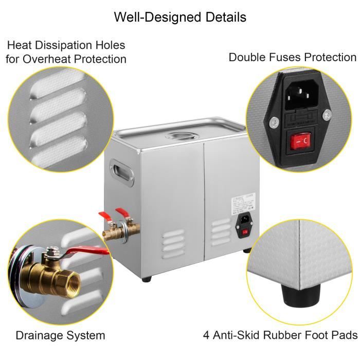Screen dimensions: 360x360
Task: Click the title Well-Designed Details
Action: coord(180,17)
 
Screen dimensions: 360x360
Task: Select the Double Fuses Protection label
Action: coord(292,57)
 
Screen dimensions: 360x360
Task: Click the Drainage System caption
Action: coord(60,335)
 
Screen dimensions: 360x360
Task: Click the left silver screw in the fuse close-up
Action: coord(274,122)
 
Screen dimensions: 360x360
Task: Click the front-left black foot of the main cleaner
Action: coord(149,279)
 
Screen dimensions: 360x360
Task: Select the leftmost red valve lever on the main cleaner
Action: coord(103,215)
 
